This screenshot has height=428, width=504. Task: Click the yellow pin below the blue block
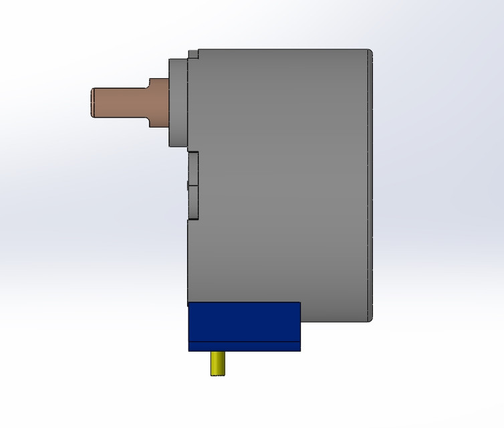218,363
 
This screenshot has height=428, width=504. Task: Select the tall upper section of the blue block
244,322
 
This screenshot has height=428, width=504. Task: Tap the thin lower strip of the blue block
244,346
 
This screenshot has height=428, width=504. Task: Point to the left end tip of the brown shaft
92,103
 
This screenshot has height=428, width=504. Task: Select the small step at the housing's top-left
193,54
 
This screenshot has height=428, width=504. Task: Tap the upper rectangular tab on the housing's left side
193,168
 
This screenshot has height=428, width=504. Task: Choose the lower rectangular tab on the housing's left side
193,202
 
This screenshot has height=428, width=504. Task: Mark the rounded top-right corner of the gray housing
370,52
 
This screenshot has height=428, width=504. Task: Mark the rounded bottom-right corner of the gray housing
370,318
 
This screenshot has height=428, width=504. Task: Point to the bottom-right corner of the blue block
300,350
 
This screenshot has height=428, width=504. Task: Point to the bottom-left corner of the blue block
189,350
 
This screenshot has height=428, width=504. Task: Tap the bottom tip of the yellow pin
218,374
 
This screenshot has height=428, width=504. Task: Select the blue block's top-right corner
299,304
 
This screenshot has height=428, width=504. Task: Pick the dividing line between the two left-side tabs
193,185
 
